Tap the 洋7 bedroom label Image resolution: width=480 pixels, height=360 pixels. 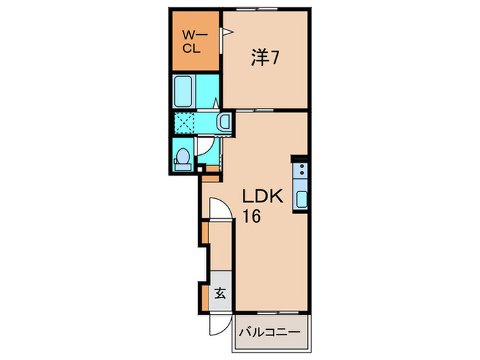point(264,59)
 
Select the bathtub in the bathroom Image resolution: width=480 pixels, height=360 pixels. point(186,92)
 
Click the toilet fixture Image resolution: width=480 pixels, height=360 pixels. point(182,158)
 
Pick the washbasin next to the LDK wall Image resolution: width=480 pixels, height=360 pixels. point(224,123)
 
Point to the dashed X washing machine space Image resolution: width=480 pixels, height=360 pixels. point(185,123)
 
